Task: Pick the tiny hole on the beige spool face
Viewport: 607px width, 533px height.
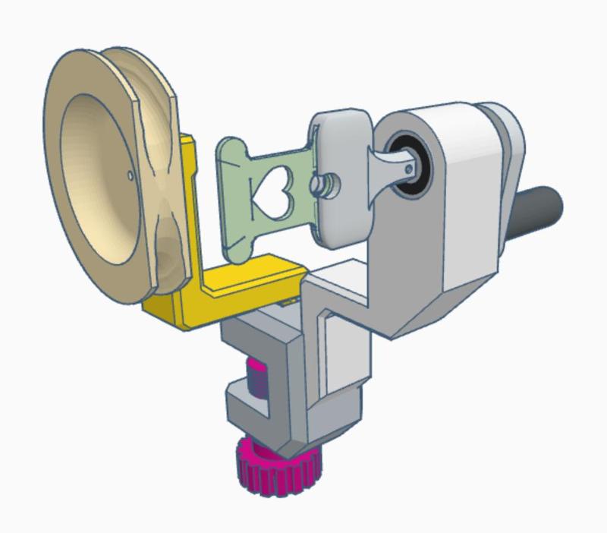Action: (131, 176)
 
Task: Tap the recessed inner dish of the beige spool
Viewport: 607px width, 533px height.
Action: (95, 182)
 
